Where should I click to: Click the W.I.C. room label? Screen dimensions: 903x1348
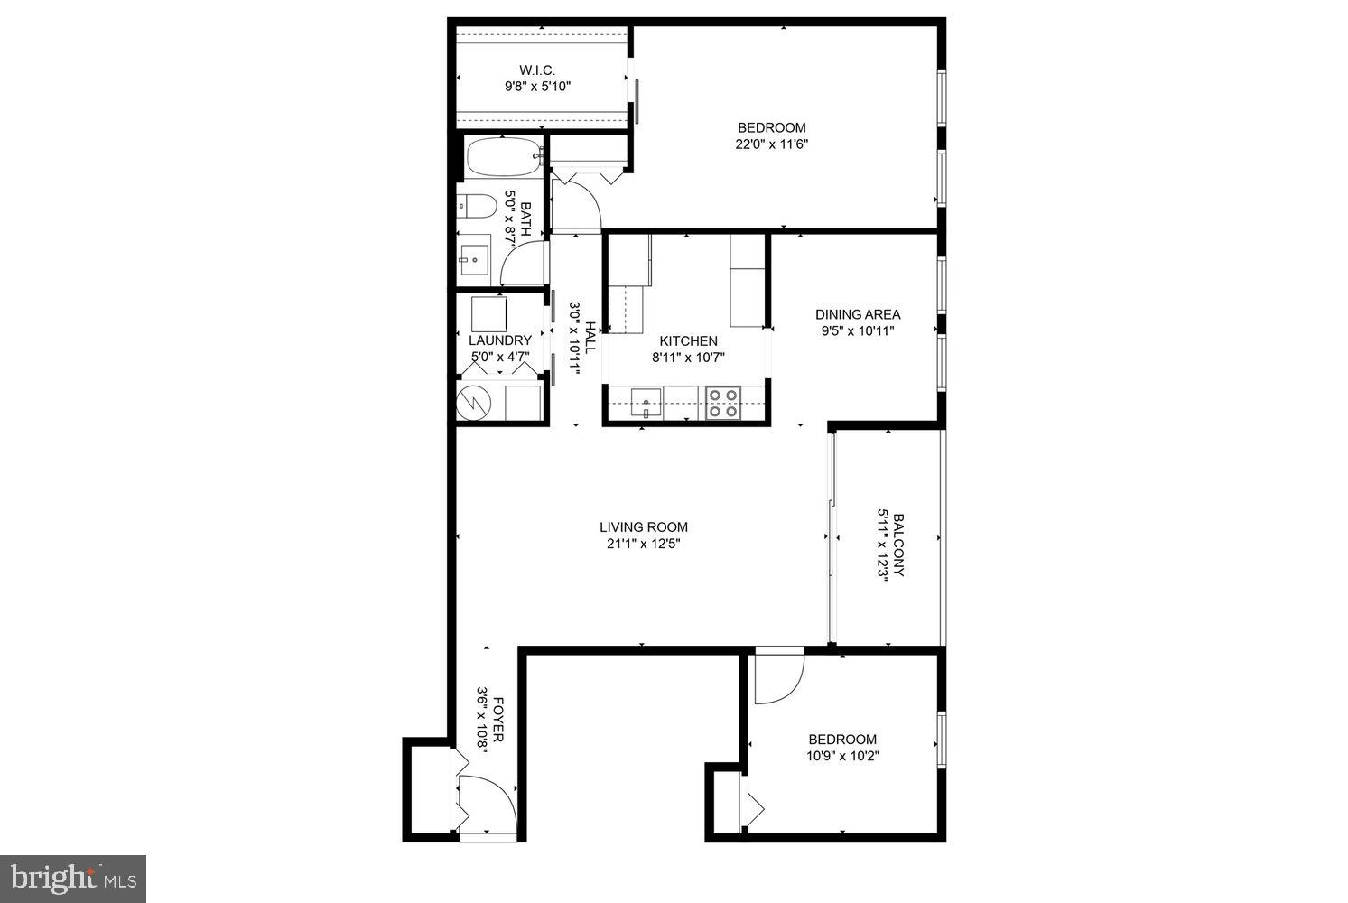click(x=537, y=70)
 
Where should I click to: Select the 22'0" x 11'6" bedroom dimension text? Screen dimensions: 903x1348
click(x=770, y=144)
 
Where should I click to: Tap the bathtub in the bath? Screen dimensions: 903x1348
click(x=503, y=158)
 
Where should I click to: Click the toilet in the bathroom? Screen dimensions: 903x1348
click(x=476, y=207)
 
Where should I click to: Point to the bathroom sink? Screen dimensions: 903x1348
click(x=473, y=259)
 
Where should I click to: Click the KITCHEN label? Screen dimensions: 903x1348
click(x=688, y=341)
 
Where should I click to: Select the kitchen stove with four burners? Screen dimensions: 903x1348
click(x=723, y=403)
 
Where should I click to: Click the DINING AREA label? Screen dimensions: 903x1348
click(x=858, y=315)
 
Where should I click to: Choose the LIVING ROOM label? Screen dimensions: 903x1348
click(x=644, y=527)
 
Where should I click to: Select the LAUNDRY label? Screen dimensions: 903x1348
click(x=500, y=340)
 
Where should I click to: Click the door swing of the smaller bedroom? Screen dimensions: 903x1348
click(x=777, y=676)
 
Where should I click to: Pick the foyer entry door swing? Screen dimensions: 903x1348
click(x=488, y=803)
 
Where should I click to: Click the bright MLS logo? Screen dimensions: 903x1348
click(x=73, y=878)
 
